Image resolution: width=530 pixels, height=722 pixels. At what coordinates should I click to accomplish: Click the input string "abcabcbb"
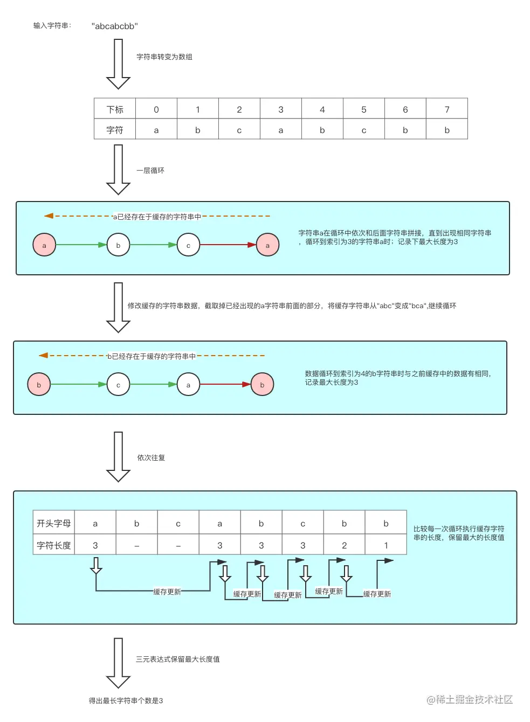coord(114,26)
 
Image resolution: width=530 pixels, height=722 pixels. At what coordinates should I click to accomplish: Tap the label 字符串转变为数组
coord(164,57)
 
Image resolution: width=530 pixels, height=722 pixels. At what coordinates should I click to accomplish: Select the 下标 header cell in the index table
coord(115,109)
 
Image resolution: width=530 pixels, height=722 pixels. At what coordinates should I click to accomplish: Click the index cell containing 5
coord(363,109)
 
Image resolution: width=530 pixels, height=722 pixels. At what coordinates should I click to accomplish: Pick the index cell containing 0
coord(156,109)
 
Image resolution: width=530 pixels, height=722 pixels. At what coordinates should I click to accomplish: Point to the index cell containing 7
coord(446,109)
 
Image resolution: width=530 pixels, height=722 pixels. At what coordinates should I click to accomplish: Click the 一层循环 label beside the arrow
coord(150,170)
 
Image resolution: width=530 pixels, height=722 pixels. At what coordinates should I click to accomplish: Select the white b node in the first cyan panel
coord(118,245)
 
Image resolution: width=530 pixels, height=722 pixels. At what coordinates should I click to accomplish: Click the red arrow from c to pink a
coord(228,245)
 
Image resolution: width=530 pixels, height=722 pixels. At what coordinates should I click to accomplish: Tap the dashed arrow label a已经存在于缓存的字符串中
coord(156,217)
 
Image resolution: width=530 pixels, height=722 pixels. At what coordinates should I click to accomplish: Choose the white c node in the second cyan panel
coord(118,385)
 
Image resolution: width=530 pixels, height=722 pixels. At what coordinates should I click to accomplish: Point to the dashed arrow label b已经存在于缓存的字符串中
coord(151,356)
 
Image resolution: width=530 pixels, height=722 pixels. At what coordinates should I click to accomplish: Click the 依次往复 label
coord(151,457)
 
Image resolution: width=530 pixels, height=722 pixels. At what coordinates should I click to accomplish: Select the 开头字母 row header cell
coord(53,523)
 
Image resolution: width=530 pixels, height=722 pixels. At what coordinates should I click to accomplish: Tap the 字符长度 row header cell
coord(53,545)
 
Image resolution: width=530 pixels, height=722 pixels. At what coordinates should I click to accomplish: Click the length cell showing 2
coord(344,545)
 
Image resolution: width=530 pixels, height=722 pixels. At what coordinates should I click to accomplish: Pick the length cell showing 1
coord(386,545)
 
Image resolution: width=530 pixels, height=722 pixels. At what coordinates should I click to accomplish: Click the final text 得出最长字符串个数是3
coord(126,700)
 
